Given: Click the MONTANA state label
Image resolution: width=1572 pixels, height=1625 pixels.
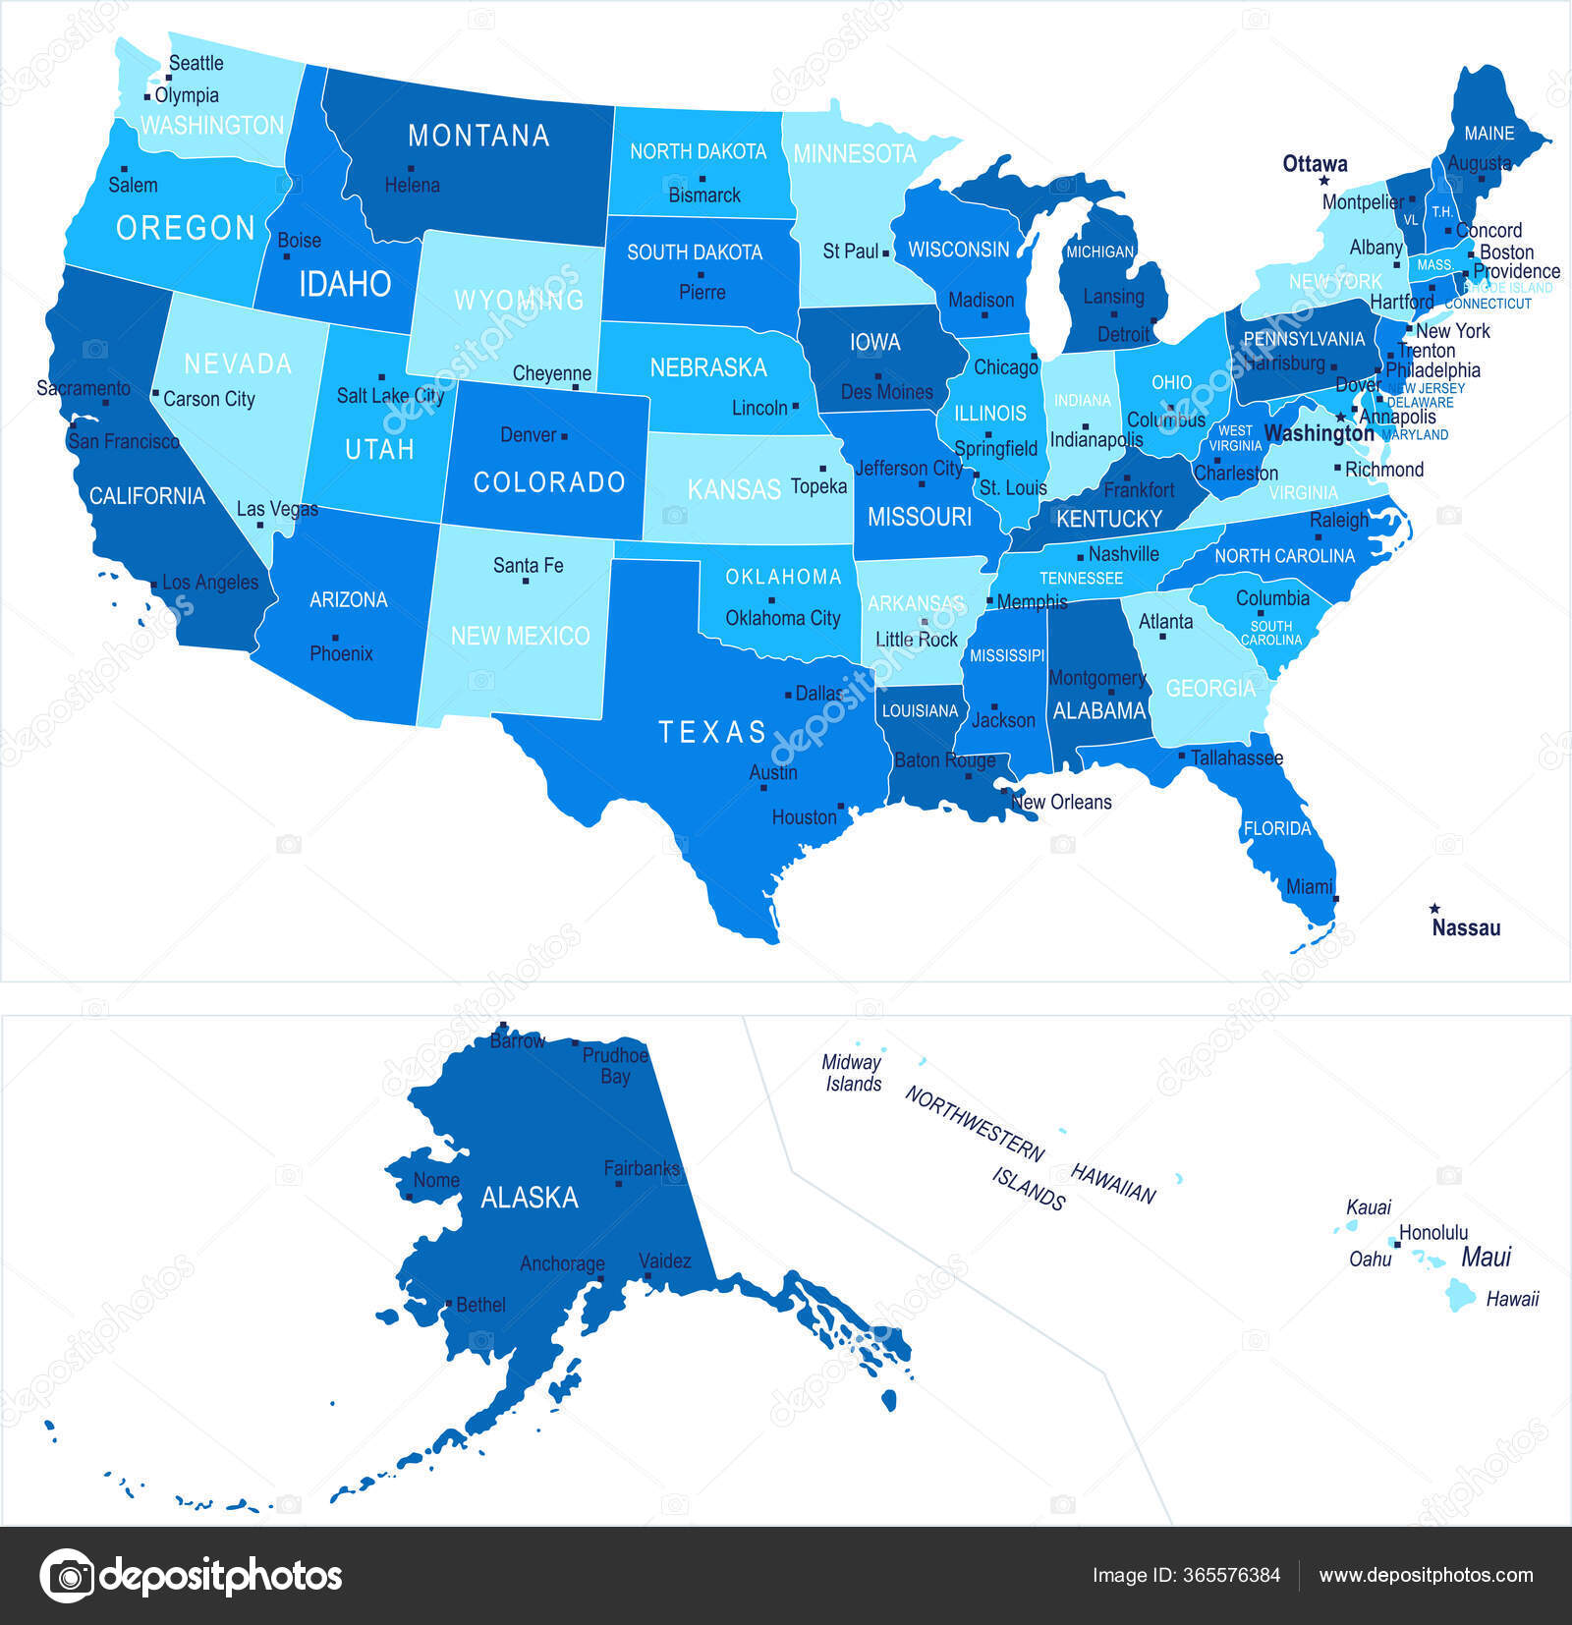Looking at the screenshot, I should pos(478,136).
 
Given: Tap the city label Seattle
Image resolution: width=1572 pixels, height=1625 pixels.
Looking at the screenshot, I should pos(196,63).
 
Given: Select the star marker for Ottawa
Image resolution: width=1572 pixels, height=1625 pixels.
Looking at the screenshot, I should pos(1323,181).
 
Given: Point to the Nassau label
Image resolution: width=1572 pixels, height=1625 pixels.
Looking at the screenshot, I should pos(1466,927).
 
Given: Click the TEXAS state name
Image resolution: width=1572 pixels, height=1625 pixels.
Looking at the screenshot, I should pos(712,732).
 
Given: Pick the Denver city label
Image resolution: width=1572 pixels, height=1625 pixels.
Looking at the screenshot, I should pos(528,434).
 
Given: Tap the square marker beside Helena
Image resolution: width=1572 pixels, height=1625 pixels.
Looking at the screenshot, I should pos(411,168).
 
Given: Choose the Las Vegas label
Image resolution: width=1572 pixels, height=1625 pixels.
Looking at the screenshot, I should pos(277,509).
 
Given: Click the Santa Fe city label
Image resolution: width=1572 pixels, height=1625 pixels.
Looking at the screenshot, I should pos(528,565).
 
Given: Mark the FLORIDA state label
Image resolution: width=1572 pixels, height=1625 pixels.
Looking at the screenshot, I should pos(1277,828).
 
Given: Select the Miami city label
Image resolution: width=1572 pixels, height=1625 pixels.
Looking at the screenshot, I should pos(1309,886).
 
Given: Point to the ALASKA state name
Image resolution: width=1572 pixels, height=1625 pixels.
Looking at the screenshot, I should pos(530,1198).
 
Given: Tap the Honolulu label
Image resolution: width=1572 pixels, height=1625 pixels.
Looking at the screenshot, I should pos(1433,1232).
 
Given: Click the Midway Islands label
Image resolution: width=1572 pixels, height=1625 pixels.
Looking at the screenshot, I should pos(852,1073).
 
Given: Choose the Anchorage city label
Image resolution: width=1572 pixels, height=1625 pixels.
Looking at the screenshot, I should pos(562,1263).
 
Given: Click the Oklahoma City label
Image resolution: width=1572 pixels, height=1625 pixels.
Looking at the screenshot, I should pos(783,618).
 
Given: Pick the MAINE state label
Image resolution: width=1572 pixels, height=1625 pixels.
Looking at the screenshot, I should pos(1488,133).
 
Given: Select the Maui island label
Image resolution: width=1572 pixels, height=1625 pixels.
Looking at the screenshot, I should pos(1486,1258).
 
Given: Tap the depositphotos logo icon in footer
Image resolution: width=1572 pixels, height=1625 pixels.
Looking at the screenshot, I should pos(67,1575).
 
